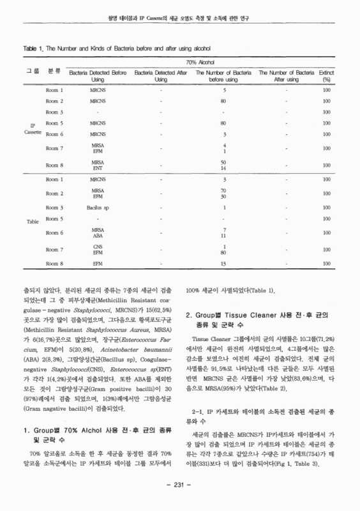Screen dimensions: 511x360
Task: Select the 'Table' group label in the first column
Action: (x=33, y=222)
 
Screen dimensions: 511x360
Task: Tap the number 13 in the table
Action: (x=223, y=263)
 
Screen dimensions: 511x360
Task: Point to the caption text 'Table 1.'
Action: (x=33, y=49)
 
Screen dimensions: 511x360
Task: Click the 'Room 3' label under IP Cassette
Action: (x=54, y=112)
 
